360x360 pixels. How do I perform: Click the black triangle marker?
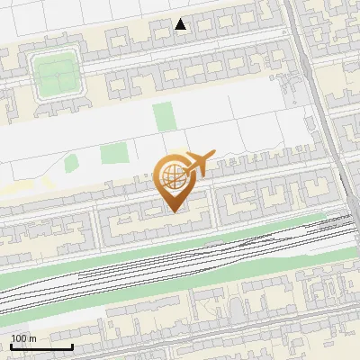181,24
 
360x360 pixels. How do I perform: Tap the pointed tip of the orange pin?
175,211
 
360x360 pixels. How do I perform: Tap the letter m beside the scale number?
32,338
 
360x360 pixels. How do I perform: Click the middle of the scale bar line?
41,346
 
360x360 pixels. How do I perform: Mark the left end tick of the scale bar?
11,346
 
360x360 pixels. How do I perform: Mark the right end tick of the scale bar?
72,346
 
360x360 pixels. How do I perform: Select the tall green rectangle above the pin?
163,118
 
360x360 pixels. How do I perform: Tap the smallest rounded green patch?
71,164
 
